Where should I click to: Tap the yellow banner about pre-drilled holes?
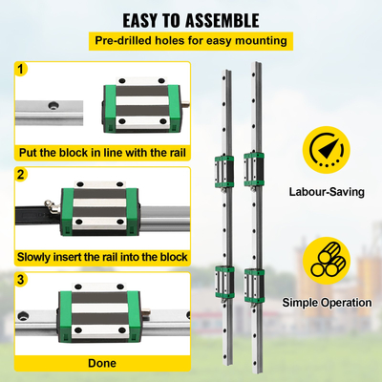[190, 41]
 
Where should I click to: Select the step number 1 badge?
[22, 69]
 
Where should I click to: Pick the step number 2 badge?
[22, 175]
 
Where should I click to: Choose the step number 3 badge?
[22, 280]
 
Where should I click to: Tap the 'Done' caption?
[101, 363]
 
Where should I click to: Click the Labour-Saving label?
[328, 192]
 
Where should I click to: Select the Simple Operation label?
[328, 302]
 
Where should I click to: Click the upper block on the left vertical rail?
[222, 169]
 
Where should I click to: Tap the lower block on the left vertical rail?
[222, 281]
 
